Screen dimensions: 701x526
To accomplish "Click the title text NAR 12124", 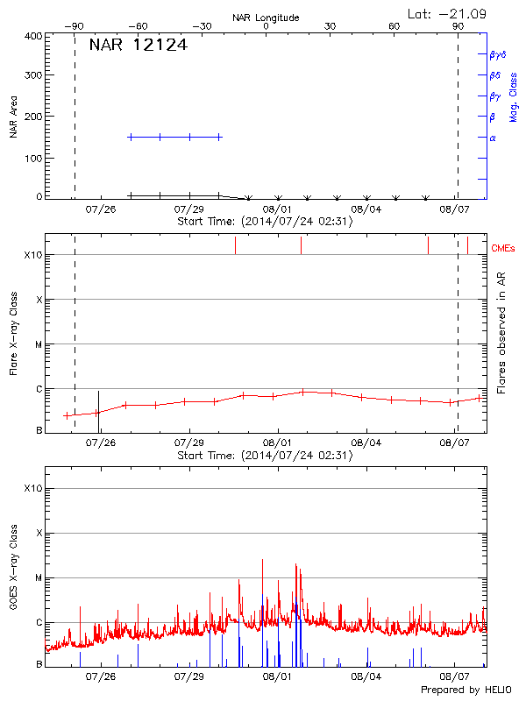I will (x=138, y=45).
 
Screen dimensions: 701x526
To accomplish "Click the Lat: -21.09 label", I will (x=448, y=13).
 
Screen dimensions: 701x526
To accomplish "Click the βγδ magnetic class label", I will (x=498, y=54).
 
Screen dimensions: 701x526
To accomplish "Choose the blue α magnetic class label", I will (x=493, y=138).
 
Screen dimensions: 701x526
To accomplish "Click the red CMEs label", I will (x=506, y=248).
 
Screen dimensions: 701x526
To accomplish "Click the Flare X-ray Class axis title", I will (x=14, y=333).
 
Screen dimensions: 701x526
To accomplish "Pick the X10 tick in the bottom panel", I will (x=32, y=488).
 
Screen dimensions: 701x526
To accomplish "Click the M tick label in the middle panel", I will (x=38, y=344).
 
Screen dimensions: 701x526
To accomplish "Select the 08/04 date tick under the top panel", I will (x=366, y=209).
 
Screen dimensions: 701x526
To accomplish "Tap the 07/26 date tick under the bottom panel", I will (x=101, y=677).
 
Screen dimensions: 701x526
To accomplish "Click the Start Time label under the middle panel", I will (x=264, y=456).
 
